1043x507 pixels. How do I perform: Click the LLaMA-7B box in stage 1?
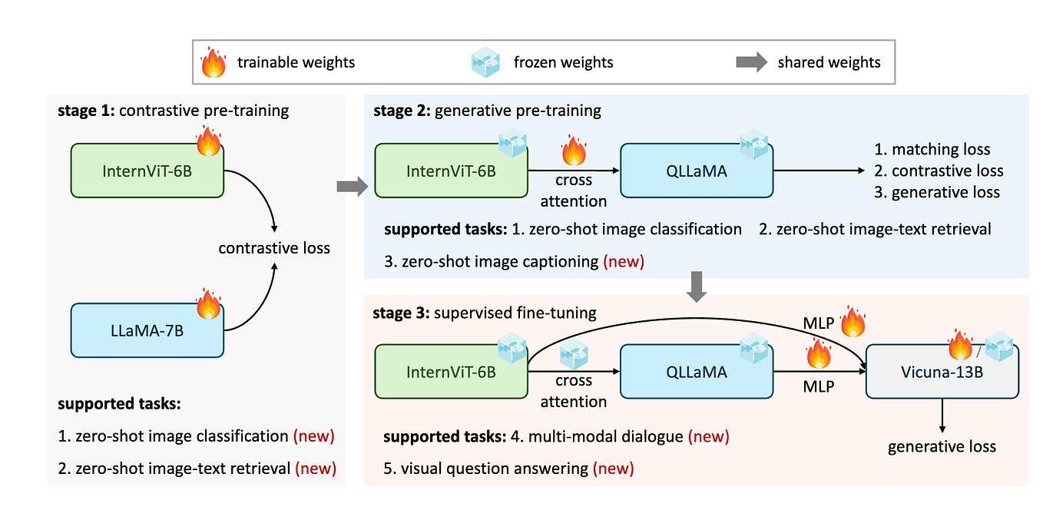click(x=147, y=330)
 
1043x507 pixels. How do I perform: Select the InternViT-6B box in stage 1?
click(x=147, y=170)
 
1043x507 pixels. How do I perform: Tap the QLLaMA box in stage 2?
click(x=696, y=171)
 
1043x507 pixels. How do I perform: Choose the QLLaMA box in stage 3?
click(x=696, y=372)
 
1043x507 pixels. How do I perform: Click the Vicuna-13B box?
click(x=942, y=372)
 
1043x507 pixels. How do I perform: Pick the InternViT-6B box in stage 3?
click(x=451, y=372)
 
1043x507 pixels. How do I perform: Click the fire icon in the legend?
click(x=213, y=62)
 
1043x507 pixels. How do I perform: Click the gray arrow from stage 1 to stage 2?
click(x=352, y=186)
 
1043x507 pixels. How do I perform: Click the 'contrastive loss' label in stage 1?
click(x=274, y=248)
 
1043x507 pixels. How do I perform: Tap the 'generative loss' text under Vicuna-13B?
click(x=942, y=446)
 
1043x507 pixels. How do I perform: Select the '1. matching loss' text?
click(x=932, y=150)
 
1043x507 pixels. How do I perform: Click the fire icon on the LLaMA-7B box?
click(x=208, y=304)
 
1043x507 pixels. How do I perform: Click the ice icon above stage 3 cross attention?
click(x=574, y=354)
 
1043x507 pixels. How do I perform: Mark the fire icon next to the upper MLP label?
click(x=853, y=323)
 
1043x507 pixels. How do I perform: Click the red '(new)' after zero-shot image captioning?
click(x=623, y=261)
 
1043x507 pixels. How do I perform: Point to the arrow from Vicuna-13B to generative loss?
click(x=942, y=415)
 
